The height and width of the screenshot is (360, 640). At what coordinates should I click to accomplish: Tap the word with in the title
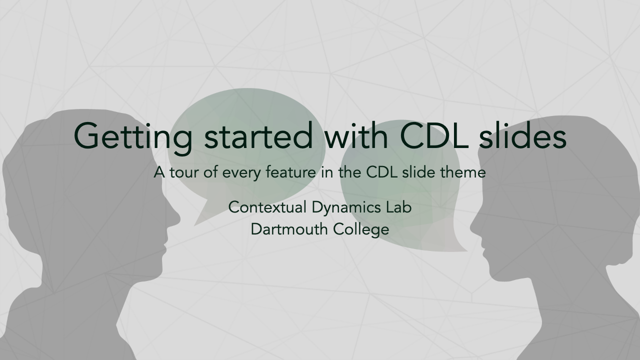click(356, 135)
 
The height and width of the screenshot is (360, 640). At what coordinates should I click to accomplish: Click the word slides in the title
click(522, 135)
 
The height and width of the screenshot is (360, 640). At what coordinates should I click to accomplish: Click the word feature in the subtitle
click(291, 172)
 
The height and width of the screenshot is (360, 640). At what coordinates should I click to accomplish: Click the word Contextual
click(267, 207)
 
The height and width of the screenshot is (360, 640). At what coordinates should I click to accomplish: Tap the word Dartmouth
click(289, 229)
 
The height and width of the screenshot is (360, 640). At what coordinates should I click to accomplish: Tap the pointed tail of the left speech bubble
click(194, 225)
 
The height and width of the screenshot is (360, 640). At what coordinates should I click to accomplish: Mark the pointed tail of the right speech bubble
click(467, 251)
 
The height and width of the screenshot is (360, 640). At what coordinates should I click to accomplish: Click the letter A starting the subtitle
click(159, 172)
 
